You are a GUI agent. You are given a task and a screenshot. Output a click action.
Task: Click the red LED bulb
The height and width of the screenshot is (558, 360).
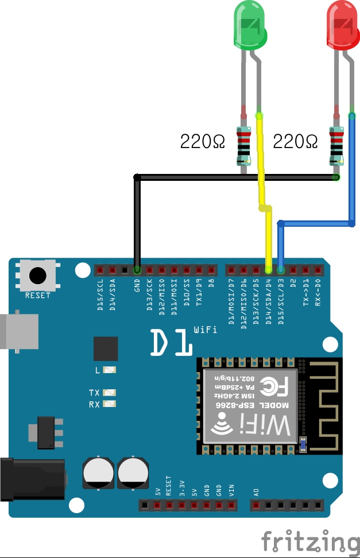coord(343,24)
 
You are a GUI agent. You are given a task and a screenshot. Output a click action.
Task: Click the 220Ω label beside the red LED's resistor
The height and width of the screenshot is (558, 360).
coord(295,141)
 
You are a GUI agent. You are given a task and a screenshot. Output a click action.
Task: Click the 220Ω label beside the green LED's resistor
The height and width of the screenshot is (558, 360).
coord(203,141)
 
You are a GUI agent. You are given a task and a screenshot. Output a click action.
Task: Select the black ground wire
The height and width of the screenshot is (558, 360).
coord(230,177)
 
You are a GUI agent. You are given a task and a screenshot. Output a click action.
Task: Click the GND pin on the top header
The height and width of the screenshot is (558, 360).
coord(137,269)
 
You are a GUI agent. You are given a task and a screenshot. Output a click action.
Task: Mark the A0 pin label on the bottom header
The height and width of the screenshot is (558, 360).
coord(256,492)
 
